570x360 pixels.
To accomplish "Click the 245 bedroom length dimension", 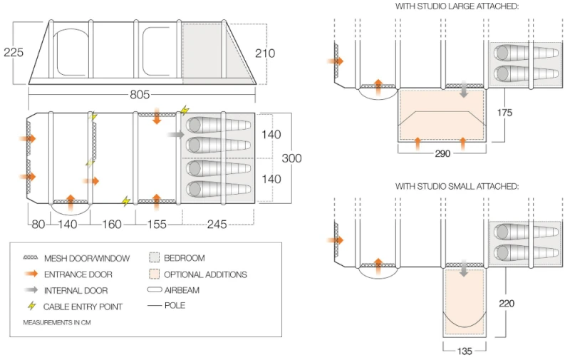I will click(217, 224).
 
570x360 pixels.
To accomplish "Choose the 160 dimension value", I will click(112, 224).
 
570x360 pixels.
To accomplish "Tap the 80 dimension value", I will click(38, 224).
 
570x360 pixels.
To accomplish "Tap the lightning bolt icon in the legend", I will click(31, 307).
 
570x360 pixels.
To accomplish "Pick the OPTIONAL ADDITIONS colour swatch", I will click(154, 274).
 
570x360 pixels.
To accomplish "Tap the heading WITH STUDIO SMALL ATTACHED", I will click(457, 186).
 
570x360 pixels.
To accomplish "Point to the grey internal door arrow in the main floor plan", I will click(175, 134).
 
